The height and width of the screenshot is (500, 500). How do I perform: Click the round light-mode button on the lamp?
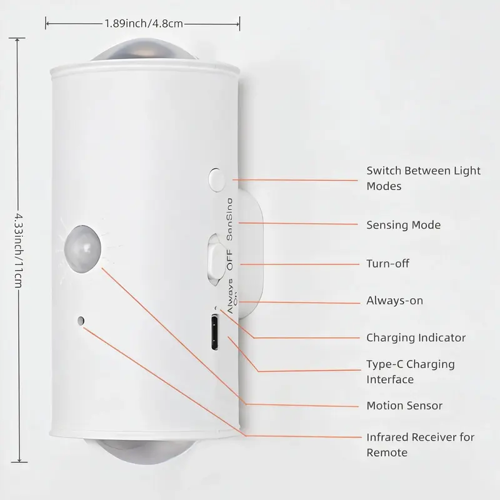[x=217, y=180]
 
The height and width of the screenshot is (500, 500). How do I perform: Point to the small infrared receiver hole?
[x=81, y=321]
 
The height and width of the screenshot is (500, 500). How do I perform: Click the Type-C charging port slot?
[x=215, y=332]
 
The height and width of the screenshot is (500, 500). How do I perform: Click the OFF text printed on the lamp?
[x=229, y=259]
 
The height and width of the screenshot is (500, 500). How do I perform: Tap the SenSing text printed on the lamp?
[x=229, y=219]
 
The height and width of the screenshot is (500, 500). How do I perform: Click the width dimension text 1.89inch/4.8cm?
[x=144, y=24]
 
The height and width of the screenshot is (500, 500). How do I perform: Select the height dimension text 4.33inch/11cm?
[x=19, y=251]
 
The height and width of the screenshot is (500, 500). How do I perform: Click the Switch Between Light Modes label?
[x=423, y=178]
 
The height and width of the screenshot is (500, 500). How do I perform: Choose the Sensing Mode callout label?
[x=403, y=225]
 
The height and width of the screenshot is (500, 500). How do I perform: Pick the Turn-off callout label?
[x=387, y=264]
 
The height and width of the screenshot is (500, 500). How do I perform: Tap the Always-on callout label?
[x=394, y=301]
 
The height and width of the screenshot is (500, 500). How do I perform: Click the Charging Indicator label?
[x=416, y=337]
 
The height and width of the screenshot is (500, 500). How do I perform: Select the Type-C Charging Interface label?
[x=411, y=371]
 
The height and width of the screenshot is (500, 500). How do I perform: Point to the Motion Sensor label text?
[x=404, y=406]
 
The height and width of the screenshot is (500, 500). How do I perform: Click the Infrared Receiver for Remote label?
[x=420, y=445]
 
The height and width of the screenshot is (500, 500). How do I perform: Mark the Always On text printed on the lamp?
[x=231, y=296]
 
